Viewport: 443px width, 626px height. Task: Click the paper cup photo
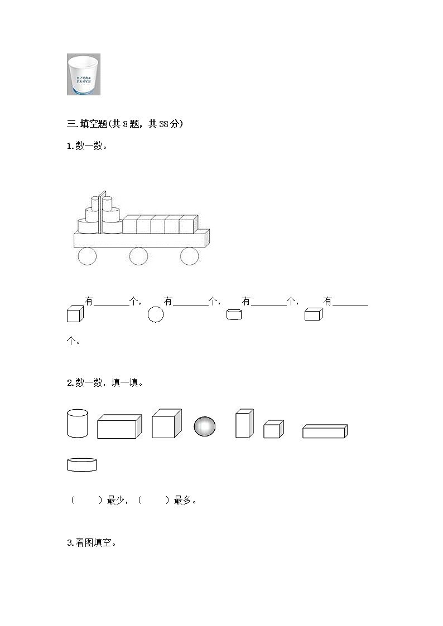coord(84,74)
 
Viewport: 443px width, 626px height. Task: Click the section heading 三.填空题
coord(124,124)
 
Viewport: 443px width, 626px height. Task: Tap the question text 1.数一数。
coord(87,147)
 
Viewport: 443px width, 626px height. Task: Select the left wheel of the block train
coord(87,256)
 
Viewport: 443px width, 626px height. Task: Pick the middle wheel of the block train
coord(138,256)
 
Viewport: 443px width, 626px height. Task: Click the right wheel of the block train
coord(189,256)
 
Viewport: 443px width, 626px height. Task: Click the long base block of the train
coord(141,240)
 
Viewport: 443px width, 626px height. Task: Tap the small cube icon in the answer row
coord(75,314)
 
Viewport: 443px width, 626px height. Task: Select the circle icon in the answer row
coord(156,314)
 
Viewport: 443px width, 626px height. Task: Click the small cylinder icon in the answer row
coord(234,315)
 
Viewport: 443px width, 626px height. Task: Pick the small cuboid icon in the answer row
coord(314,314)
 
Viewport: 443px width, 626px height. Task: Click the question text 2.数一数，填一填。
coord(105,382)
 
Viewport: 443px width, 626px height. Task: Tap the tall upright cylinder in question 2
coord(78,423)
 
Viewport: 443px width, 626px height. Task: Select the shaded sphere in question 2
coord(205,426)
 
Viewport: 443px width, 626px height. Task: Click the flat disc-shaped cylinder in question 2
coord(81,464)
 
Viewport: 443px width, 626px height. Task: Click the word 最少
coord(115,500)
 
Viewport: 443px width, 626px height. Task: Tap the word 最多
coord(182,500)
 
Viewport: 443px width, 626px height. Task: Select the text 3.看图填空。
coord(92,542)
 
